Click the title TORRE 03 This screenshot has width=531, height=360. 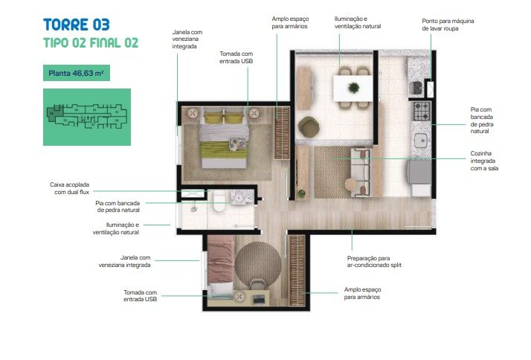[x=77, y=25]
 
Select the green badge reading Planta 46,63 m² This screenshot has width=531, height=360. [x=77, y=73]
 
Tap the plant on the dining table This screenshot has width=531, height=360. [x=353, y=88]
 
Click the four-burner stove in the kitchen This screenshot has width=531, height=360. [x=421, y=111]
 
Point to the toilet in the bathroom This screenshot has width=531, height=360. [x=219, y=201]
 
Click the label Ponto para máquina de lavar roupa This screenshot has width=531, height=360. [x=448, y=25]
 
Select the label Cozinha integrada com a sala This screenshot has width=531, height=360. [x=484, y=161]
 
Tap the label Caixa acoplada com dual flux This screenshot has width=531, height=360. [x=70, y=188]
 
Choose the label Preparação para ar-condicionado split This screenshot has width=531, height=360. [x=374, y=262]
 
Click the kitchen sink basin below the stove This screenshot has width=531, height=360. [x=421, y=140]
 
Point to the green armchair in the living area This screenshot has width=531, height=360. [x=308, y=127]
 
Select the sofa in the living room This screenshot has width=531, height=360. [x=360, y=172]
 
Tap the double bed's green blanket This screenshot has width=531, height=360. [x=224, y=150]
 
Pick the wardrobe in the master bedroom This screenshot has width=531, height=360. [x=282, y=133]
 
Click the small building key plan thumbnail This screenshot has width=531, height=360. [x=87, y=118]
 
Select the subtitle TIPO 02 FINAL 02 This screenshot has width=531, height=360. [x=91, y=43]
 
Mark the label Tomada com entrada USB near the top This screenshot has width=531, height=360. [x=236, y=57]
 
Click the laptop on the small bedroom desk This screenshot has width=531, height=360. [x=259, y=299]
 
